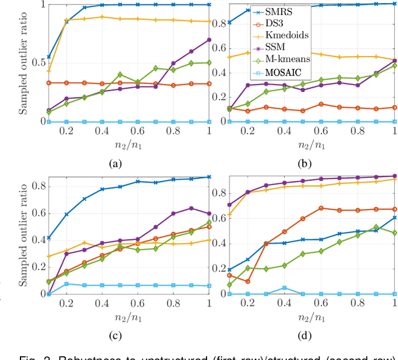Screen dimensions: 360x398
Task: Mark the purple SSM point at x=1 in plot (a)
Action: (208, 40)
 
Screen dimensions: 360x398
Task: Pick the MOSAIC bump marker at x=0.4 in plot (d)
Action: (284, 288)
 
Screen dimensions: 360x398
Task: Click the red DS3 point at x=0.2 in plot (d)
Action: (248, 282)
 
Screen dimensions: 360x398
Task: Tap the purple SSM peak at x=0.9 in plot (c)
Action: (191, 208)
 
